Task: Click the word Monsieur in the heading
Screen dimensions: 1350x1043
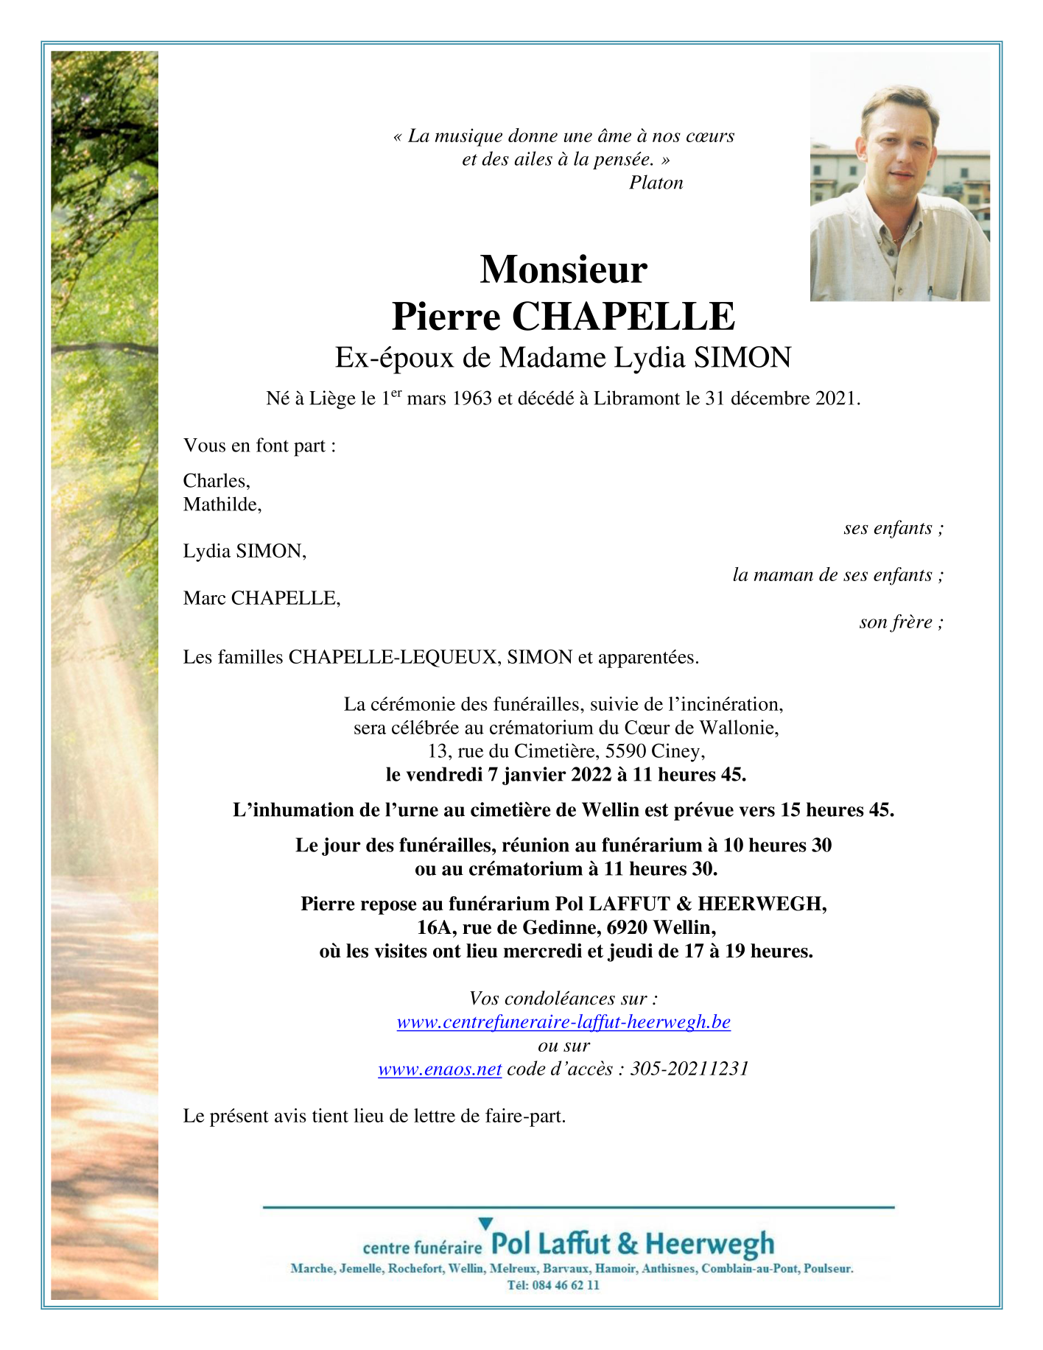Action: pyautogui.click(x=563, y=270)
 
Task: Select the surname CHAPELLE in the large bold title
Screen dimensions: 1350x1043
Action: pyautogui.click(x=623, y=317)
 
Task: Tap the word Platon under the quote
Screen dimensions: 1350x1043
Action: pyautogui.click(x=656, y=183)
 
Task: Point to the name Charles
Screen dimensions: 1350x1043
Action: pyautogui.click(x=216, y=481)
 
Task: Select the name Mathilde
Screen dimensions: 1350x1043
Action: pyautogui.click(x=222, y=505)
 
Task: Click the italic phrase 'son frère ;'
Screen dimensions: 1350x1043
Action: pyautogui.click(x=901, y=622)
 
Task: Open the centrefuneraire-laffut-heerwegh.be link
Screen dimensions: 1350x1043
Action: pyautogui.click(x=563, y=1022)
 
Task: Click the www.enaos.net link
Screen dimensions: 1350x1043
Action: pyautogui.click(x=440, y=1069)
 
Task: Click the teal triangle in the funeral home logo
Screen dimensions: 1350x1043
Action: pyautogui.click(x=485, y=1224)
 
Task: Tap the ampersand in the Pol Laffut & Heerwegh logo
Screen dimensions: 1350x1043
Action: pyautogui.click(x=628, y=1244)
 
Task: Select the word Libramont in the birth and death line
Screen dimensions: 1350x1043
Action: pyautogui.click(x=637, y=398)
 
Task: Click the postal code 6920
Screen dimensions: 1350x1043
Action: pyautogui.click(x=625, y=927)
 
